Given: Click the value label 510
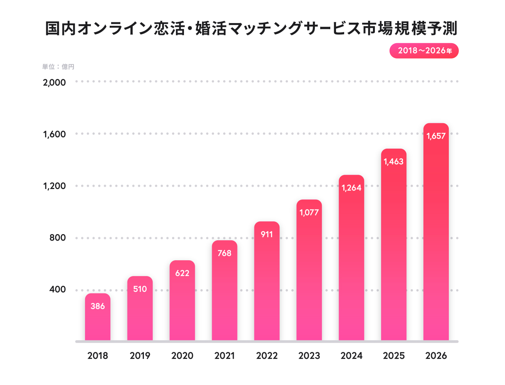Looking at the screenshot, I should pyautogui.click(x=140, y=289).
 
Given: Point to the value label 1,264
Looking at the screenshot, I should pyautogui.click(x=351, y=188).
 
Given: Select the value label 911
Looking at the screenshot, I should pyautogui.click(x=267, y=234).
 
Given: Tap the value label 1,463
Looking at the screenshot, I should pyautogui.click(x=393, y=162).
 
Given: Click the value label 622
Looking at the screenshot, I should pyautogui.click(x=182, y=273).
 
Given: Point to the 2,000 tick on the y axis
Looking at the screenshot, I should pyautogui.click(x=54, y=82).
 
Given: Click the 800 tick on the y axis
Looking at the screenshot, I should pyautogui.click(x=58, y=238).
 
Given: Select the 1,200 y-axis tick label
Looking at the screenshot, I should pyautogui.click(x=54, y=186).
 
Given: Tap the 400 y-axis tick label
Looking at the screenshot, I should pyautogui.click(x=58, y=290).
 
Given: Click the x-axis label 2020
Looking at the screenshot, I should pyautogui.click(x=182, y=356).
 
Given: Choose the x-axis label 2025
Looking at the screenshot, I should pyautogui.click(x=393, y=356).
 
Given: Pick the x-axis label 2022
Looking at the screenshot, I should pyautogui.click(x=267, y=356).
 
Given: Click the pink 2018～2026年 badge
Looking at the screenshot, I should pyautogui.click(x=424, y=51).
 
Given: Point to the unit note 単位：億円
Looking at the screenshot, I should pyautogui.click(x=58, y=67).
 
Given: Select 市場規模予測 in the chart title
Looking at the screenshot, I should pyautogui.click(x=409, y=29).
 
